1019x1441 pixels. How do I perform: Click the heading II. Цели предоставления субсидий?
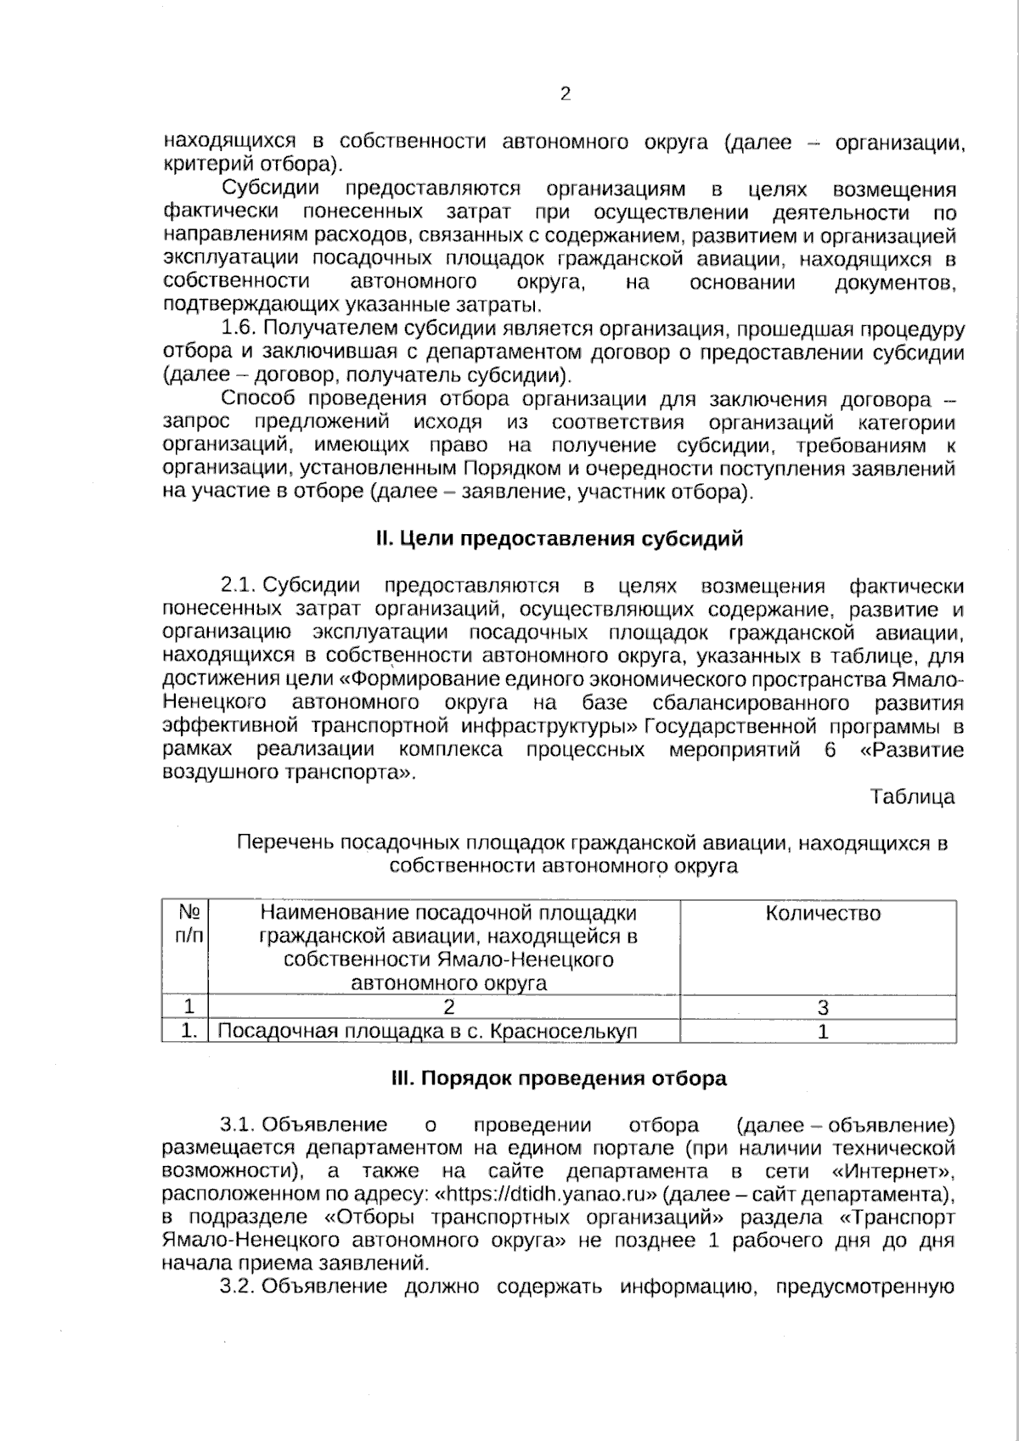pyautogui.click(x=560, y=538)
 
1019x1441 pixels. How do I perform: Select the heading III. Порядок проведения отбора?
pyautogui.click(x=559, y=1078)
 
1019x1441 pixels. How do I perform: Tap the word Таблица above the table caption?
pyautogui.click(x=912, y=796)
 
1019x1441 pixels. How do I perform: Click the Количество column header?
pyautogui.click(x=823, y=914)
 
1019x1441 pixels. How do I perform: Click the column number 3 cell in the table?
pyautogui.click(x=822, y=1008)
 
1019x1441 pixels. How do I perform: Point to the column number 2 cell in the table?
pyautogui.click(x=448, y=1008)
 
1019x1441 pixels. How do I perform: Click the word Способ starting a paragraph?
pyautogui.click(x=258, y=399)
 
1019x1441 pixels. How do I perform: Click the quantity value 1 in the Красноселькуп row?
pyautogui.click(x=822, y=1032)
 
